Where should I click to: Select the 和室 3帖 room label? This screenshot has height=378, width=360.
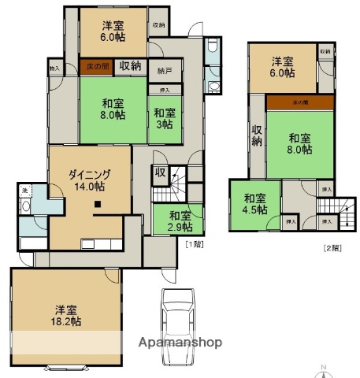(164, 119)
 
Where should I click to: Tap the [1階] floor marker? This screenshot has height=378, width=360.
(193, 246)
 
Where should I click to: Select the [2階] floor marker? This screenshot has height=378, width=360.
(332, 248)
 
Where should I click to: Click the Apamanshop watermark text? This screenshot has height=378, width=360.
(180, 343)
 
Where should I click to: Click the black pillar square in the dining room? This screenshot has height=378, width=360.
(97, 206)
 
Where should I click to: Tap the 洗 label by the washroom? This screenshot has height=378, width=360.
(25, 191)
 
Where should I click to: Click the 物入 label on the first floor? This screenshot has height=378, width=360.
(54, 68)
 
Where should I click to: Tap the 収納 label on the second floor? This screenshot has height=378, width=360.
(257, 135)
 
